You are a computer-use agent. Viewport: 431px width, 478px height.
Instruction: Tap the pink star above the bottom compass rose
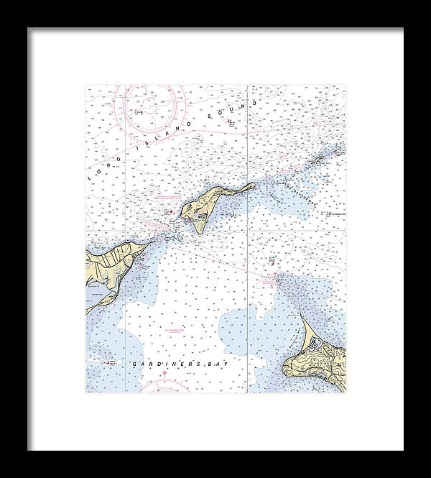[x=164, y=373]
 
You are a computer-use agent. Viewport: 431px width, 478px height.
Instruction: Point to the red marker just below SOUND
[x=229, y=121]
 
